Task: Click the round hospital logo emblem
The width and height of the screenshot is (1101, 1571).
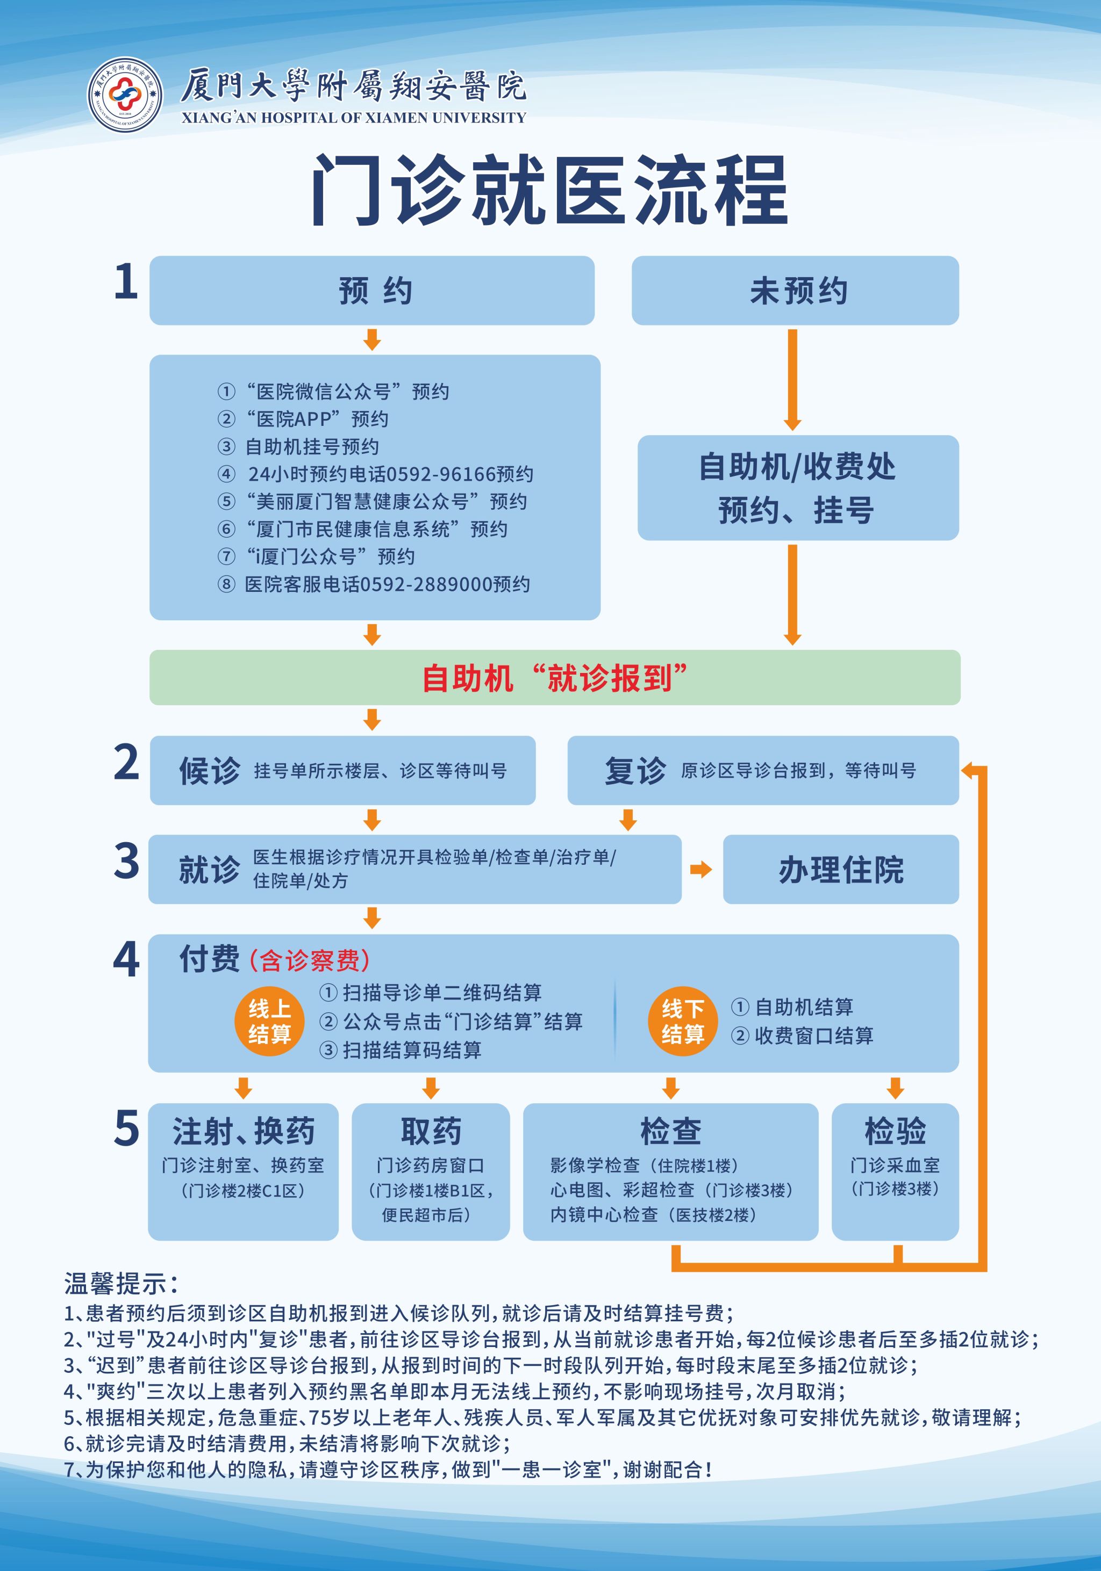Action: click(125, 95)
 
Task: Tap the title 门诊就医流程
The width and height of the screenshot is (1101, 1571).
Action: click(550, 190)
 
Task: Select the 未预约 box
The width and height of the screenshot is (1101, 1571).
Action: click(795, 291)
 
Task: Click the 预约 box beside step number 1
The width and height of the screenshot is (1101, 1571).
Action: click(372, 291)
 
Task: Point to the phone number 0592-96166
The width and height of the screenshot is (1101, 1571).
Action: click(440, 474)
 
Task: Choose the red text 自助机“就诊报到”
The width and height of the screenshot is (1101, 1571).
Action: click(555, 678)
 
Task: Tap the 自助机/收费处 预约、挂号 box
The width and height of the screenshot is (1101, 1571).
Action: click(798, 488)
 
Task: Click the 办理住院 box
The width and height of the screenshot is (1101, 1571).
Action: click(841, 870)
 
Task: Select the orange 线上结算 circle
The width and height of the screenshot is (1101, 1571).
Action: click(269, 1021)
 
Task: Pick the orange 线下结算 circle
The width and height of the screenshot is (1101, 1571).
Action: click(683, 1021)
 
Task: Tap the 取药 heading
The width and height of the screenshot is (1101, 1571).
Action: click(431, 1131)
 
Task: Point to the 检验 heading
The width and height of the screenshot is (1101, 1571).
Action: click(895, 1131)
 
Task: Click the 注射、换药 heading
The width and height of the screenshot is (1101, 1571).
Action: click(243, 1131)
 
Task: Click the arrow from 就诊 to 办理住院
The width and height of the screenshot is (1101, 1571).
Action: click(701, 870)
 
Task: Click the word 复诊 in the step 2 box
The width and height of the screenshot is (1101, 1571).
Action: click(635, 771)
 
